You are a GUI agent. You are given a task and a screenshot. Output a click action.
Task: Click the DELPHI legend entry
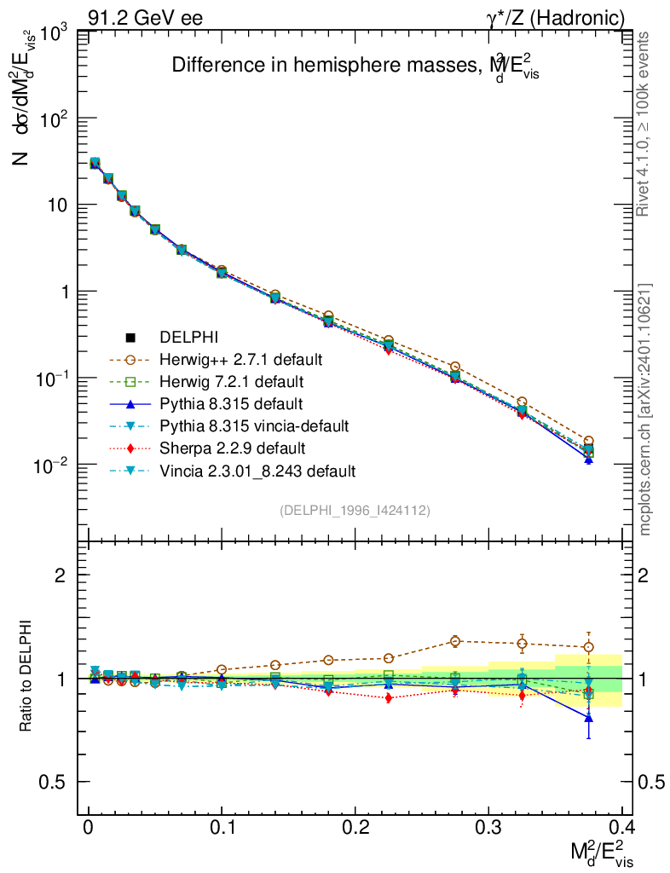coord(189,338)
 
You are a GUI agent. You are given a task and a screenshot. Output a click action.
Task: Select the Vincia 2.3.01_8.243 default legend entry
coord(257,470)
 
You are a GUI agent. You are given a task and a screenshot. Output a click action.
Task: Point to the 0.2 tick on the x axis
coord(355,828)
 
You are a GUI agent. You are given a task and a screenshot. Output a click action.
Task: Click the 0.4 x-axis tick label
coord(621,828)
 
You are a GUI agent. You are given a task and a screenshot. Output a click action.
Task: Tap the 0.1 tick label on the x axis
coord(222,828)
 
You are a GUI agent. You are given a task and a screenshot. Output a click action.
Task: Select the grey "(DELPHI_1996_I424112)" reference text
coord(355,510)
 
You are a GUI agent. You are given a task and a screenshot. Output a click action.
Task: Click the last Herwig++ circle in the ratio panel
coord(588,647)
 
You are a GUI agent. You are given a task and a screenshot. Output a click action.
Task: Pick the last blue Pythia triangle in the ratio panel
coord(588,718)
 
